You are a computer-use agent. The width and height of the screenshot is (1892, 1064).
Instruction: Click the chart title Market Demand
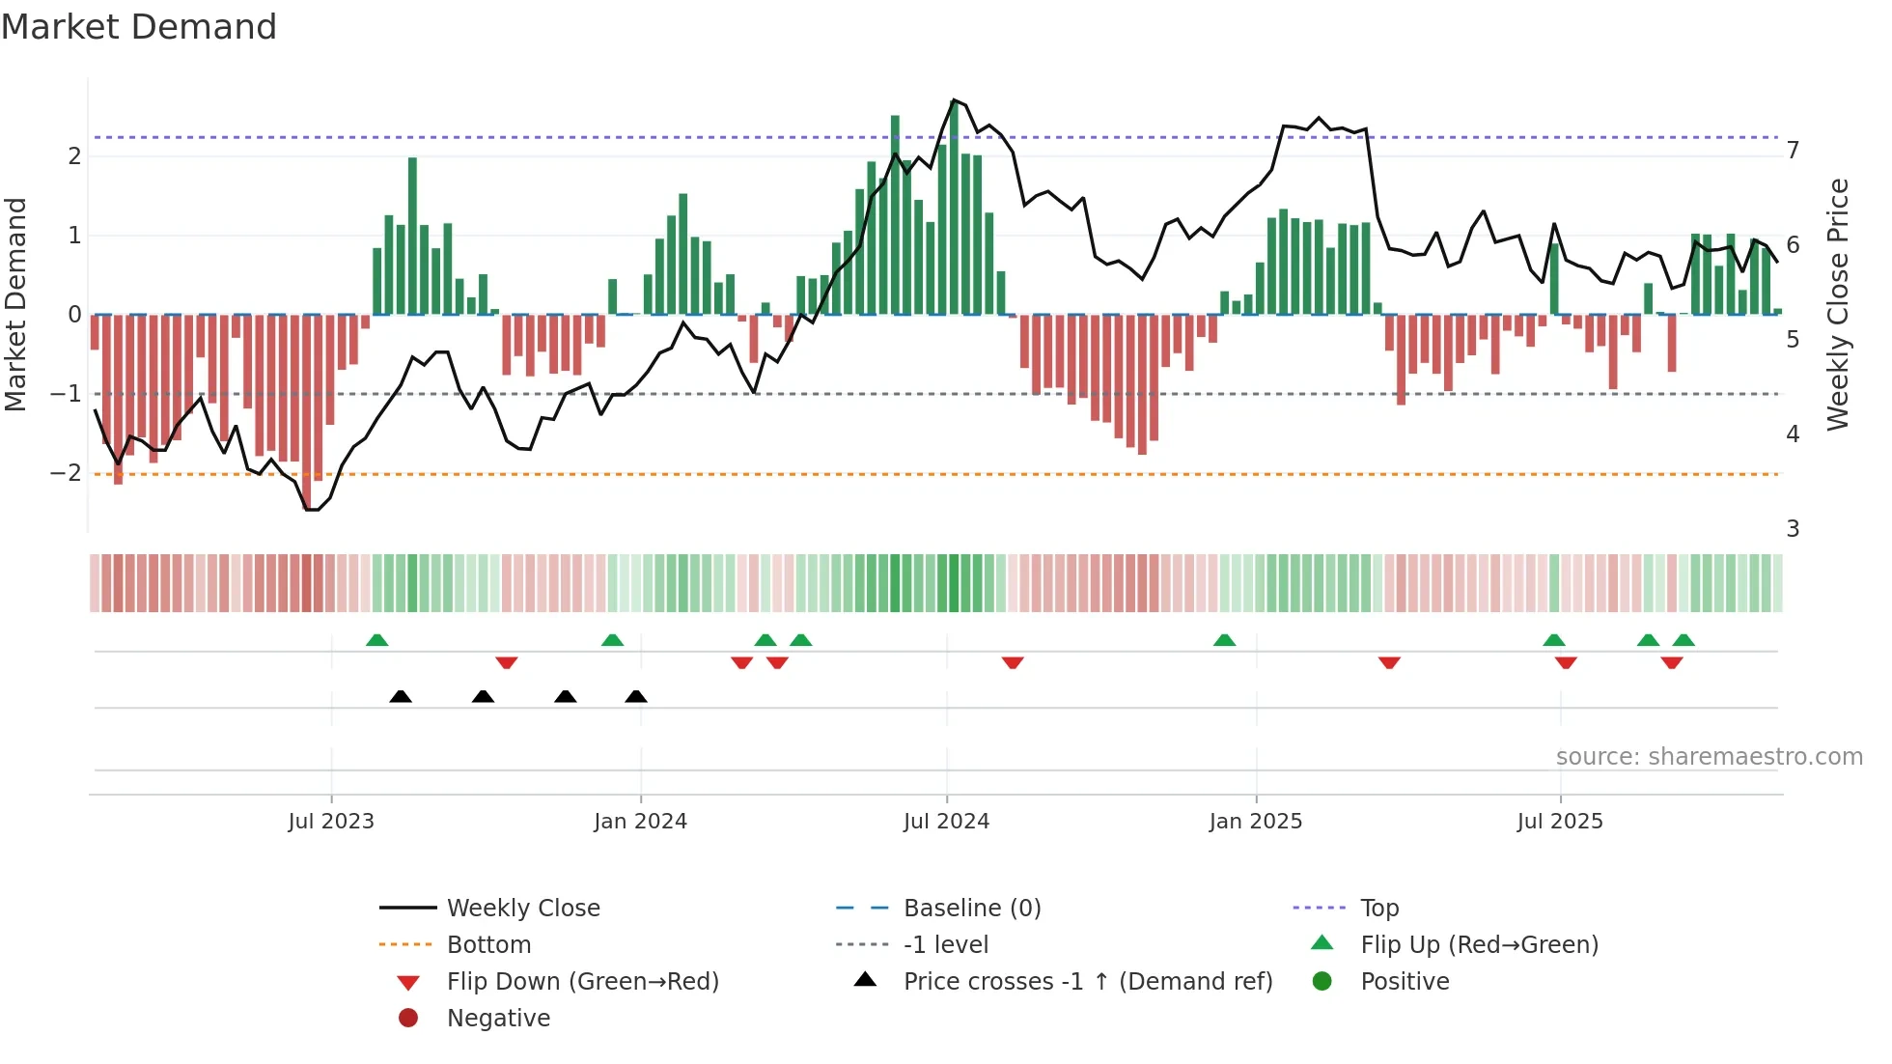(139, 27)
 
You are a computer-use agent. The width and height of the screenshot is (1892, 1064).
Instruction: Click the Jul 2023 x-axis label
(331, 822)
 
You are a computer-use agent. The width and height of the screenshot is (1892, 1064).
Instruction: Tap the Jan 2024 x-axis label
(640, 822)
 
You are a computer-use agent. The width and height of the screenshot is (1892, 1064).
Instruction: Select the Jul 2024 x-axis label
(946, 822)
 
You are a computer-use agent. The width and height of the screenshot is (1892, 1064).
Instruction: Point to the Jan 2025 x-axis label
(1255, 822)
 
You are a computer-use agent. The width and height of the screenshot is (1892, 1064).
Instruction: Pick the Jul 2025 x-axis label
(1560, 822)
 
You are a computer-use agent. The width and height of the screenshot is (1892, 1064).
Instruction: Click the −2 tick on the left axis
(67, 473)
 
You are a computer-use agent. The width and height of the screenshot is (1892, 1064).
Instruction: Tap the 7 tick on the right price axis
(1793, 151)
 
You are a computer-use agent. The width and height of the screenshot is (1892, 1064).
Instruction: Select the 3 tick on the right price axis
(1793, 529)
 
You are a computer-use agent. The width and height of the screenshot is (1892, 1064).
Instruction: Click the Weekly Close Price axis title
(1838, 304)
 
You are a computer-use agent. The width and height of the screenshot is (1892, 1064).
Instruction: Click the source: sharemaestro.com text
(1709, 757)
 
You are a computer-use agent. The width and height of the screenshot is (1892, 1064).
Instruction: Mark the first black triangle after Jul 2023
(401, 696)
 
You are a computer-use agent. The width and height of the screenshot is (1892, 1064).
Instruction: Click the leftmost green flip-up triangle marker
(377, 640)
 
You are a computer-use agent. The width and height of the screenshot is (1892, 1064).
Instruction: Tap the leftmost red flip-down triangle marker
(507, 662)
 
